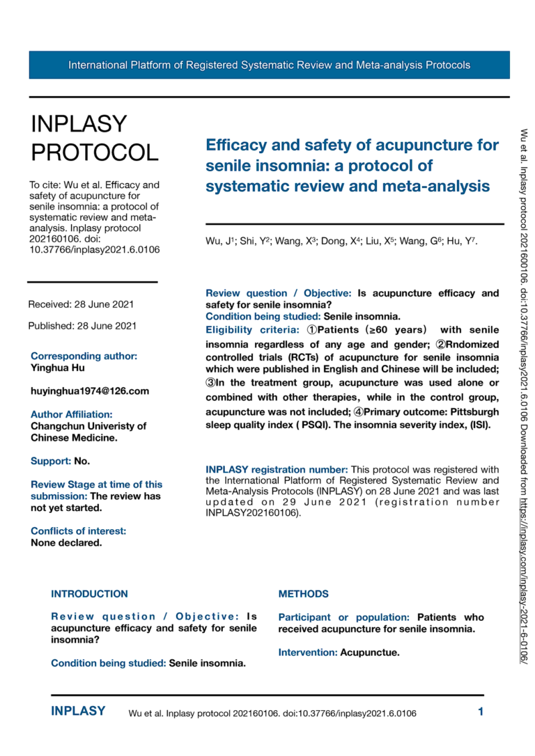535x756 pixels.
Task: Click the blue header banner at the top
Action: pos(269,65)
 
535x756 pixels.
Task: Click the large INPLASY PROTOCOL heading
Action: pos(95,137)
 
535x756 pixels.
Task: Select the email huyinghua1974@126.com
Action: pos(89,391)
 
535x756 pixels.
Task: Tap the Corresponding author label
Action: pos(84,356)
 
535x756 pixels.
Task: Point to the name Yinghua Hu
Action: pos(58,368)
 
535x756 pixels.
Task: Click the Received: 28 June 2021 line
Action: pos(81,304)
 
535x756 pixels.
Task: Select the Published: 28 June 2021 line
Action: pos(82,325)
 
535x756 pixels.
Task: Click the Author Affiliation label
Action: pos(72,414)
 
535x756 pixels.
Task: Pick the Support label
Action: pos(50,461)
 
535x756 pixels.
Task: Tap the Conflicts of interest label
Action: pos(78,531)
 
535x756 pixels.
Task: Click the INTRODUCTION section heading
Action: pos(89,594)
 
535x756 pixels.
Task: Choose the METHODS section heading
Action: pos(303,594)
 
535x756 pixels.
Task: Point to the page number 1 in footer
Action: pos(480,711)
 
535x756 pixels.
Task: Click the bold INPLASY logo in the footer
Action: pos(78,711)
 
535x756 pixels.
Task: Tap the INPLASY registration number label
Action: pos(277,468)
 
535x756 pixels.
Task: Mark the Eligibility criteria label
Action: pos(252,329)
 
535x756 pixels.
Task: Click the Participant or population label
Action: pos(343,617)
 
